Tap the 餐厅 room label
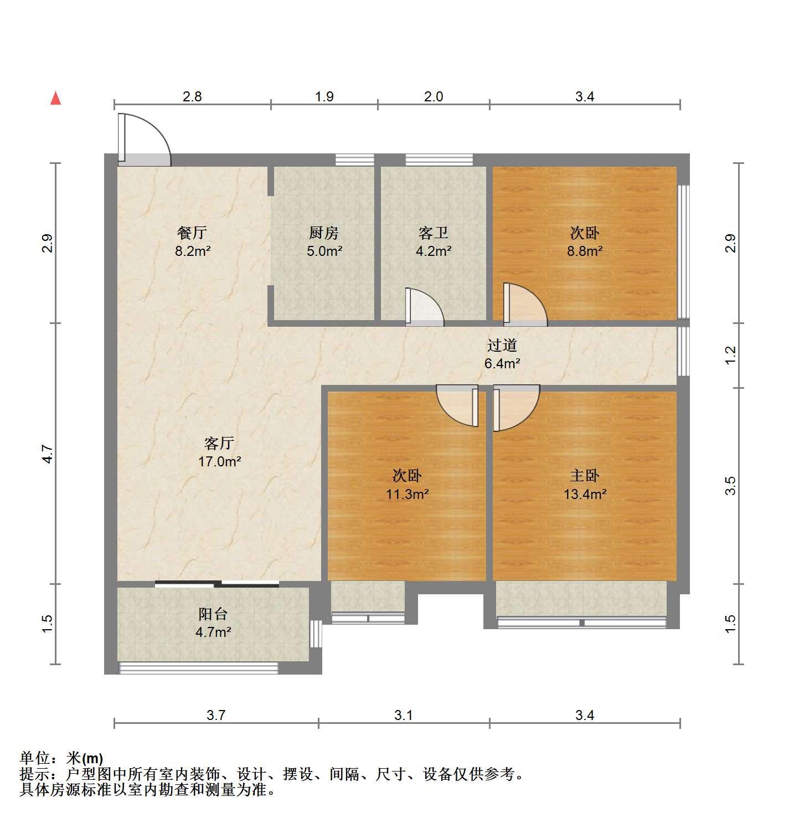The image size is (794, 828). click(192, 233)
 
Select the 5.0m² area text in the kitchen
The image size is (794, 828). click(324, 251)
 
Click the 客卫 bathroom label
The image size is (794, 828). click(434, 233)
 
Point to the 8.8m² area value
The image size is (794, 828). click(585, 251)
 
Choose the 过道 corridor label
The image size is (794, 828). click(502, 345)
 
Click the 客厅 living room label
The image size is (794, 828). click(219, 443)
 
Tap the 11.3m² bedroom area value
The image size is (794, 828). click(408, 494)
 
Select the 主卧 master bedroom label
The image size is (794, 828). click(585, 475)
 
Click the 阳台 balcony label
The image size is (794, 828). click(214, 614)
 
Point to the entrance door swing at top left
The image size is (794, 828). click(144, 140)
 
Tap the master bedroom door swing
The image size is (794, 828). click(516, 408)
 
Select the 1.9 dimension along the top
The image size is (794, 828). click(324, 96)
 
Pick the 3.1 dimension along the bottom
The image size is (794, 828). click(404, 715)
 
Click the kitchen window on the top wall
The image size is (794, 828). click(354, 160)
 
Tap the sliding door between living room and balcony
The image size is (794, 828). click(217, 583)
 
